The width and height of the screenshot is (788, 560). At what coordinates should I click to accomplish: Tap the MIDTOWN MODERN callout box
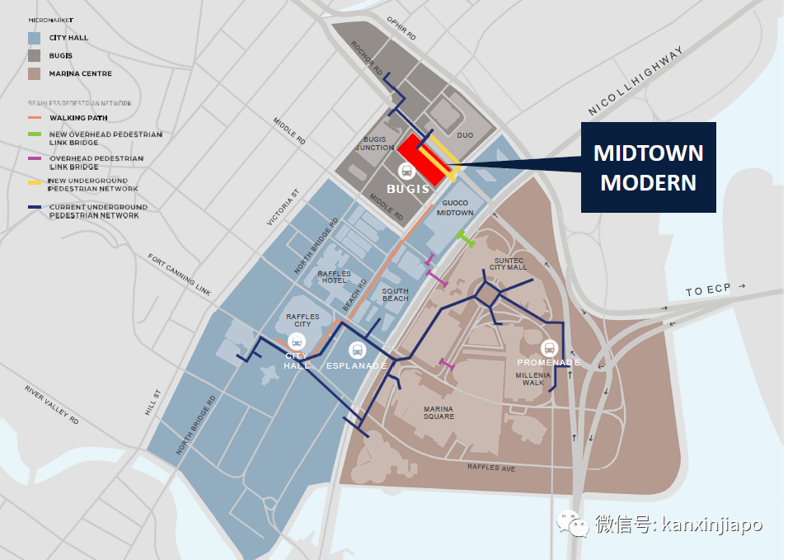click(x=649, y=167)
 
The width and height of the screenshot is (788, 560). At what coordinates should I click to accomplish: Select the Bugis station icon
click(x=406, y=171)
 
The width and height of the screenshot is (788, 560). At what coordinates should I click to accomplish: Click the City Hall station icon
click(x=297, y=341)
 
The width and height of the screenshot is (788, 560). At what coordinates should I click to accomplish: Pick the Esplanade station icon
click(x=356, y=349)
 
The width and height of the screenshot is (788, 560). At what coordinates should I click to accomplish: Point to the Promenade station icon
click(x=550, y=347)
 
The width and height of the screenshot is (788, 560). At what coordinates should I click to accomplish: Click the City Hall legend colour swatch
click(x=34, y=38)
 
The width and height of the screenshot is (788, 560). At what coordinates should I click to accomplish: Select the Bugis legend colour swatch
click(x=34, y=56)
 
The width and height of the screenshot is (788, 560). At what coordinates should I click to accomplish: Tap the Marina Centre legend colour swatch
click(x=34, y=74)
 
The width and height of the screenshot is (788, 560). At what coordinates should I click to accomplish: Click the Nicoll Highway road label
click(x=636, y=82)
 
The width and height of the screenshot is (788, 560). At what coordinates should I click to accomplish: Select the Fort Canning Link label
click(x=180, y=274)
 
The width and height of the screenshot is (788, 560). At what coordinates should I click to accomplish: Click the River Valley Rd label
click(x=51, y=404)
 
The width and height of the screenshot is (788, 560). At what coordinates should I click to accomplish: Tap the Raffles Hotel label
click(x=335, y=277)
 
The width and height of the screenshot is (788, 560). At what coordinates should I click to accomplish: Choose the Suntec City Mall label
click(x=508, y=264)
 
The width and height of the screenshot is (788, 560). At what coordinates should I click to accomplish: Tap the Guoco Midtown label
click(x=455, y=208)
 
